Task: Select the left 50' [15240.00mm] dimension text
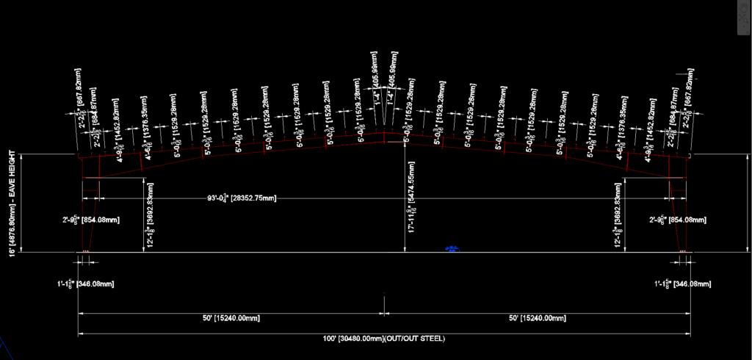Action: [231, 318]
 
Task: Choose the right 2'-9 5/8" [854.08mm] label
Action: [678, 220]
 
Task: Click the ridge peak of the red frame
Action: [384, 133]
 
